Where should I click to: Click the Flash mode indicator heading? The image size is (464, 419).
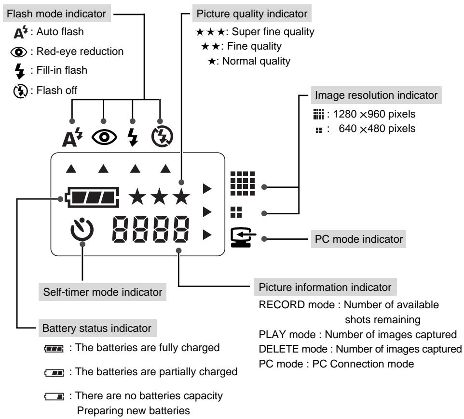point(56,13)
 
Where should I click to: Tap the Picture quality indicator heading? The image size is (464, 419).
point(252,13)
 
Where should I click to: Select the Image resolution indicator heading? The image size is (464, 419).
point(376,95)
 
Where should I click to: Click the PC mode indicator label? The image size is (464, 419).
point(359,239)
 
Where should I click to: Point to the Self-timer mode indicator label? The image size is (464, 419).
point(103,292)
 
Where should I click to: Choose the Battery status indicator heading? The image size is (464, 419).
point(97,328)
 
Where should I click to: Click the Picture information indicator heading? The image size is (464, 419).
point(325,287)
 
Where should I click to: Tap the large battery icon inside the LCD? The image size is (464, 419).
point(92,197)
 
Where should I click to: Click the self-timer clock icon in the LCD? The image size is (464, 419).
point(82,229)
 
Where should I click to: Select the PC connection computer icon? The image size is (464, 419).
point(243,237)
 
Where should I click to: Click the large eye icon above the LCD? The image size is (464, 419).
point(104,137)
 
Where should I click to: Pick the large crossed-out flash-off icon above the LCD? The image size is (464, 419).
point(162,136)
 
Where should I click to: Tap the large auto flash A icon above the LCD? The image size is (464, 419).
point(72,137)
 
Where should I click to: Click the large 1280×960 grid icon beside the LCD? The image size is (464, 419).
point(243,183)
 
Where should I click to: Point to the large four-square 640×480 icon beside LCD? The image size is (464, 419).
point(236,212)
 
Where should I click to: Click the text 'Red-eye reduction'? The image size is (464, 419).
point(80,52)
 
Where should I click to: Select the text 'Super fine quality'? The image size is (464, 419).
point(273,32)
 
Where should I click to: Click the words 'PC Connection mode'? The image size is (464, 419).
point(363,364)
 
